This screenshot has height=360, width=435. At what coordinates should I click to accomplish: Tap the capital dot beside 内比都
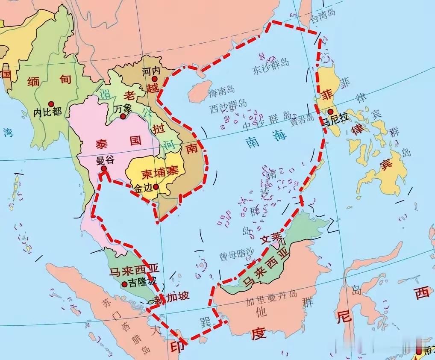coord(51,104)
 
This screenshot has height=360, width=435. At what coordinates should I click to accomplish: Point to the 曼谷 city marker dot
coord(103,169)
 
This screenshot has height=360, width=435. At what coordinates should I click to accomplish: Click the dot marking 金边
coord(156,186)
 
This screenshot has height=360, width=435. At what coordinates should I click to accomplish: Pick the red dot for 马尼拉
coord(330,112)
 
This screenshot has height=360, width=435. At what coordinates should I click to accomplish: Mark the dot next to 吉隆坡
coord(124,283)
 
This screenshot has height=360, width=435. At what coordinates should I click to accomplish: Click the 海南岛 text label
coord(221,91)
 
